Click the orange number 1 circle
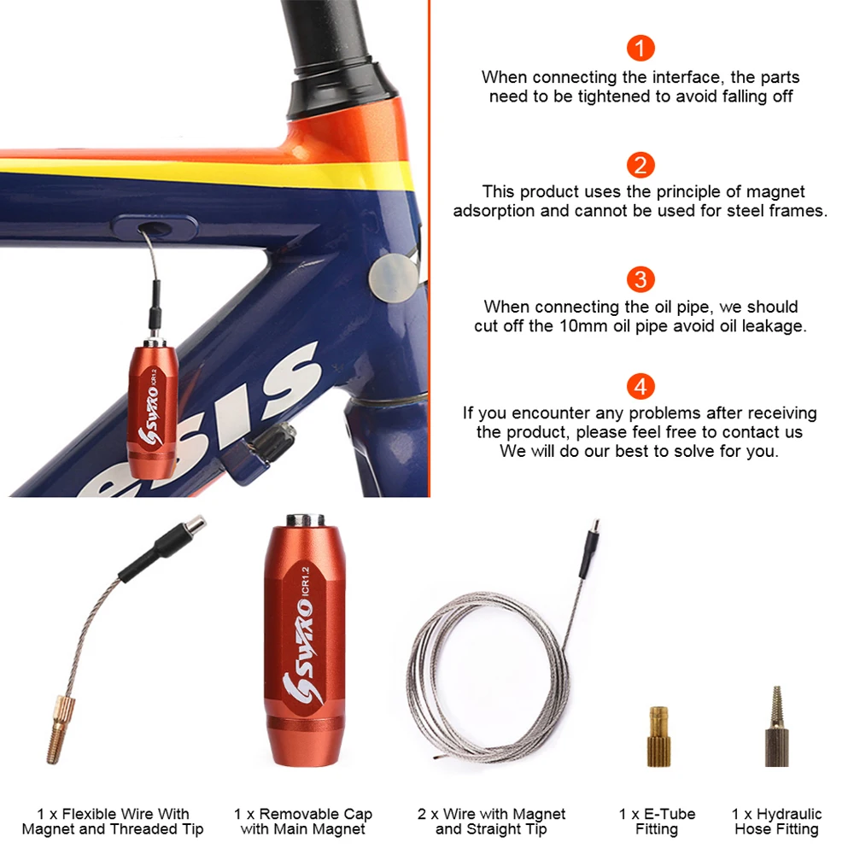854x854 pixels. [x=640, y=48]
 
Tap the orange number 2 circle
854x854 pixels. [x=640, y=165]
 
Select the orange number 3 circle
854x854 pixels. [x=640, y=279]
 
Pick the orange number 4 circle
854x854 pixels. [x=640, y=387]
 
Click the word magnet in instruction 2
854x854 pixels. [x=775, y=192]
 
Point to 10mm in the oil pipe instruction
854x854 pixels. [x=584, y=325]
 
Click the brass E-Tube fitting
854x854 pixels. [x=658, y=736]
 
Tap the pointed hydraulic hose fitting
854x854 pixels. [x=776, y=727]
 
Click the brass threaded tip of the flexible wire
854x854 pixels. [x=58, y=730]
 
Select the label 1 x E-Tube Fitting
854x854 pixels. [x=657, y=822]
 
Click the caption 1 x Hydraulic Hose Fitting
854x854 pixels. [x=776, y=822]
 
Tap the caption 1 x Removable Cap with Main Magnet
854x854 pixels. [x=303, y=822]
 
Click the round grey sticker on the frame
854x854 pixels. [x=394, y=278]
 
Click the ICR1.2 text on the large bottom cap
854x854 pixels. [x=305, y=582]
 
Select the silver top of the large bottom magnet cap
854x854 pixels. [x=306, y=519]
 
